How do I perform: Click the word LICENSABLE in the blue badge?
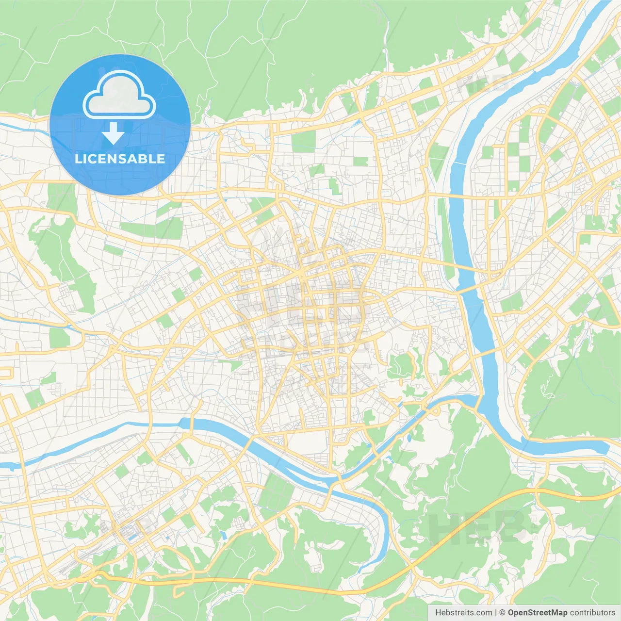click(x=120, y=159)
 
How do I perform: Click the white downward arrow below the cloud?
click(x=113, y=134)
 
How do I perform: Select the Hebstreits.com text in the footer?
click(x=463, y=613)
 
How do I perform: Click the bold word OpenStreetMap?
click(x=537, y=613)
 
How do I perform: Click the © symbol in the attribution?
click(x=503, y=613)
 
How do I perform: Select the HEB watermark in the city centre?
click(x=301, y=310)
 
